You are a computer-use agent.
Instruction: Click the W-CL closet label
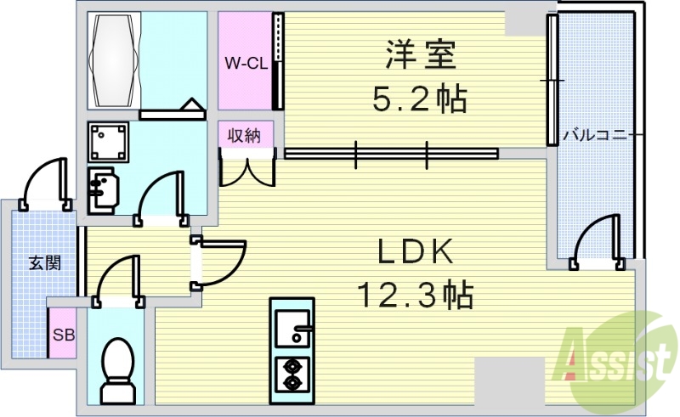tap(246, 65)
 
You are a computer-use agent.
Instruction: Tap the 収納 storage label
tap(245, 136)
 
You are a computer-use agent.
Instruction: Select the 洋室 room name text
tap(421, 54)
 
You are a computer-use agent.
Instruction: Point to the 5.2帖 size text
tap(419, 99)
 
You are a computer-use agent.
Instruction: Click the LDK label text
tap(416, 251)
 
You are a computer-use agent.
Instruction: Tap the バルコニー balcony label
tap(594, 136)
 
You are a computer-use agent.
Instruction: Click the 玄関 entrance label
tap(45, 263)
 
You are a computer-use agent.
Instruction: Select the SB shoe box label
tap(64, 335)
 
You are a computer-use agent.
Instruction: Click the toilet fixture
tap(118, 369)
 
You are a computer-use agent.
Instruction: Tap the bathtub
tap(115, 61)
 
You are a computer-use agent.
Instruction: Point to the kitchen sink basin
tap(293, 328)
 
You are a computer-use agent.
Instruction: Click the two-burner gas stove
tap(292, 375)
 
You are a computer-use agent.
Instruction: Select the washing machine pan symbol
tap(109, 142)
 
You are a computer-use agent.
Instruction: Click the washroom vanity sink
tap(102, 190)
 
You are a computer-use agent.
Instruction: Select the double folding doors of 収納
tap(247, 167)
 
